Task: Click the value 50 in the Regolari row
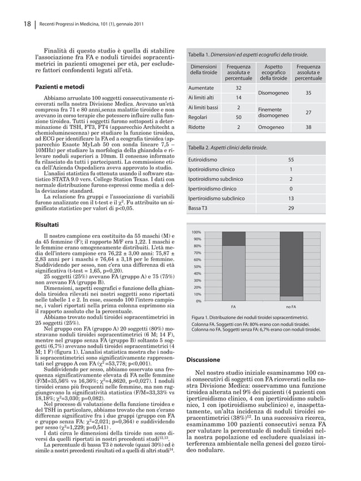[238, 117]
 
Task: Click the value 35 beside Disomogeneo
[308, 93]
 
